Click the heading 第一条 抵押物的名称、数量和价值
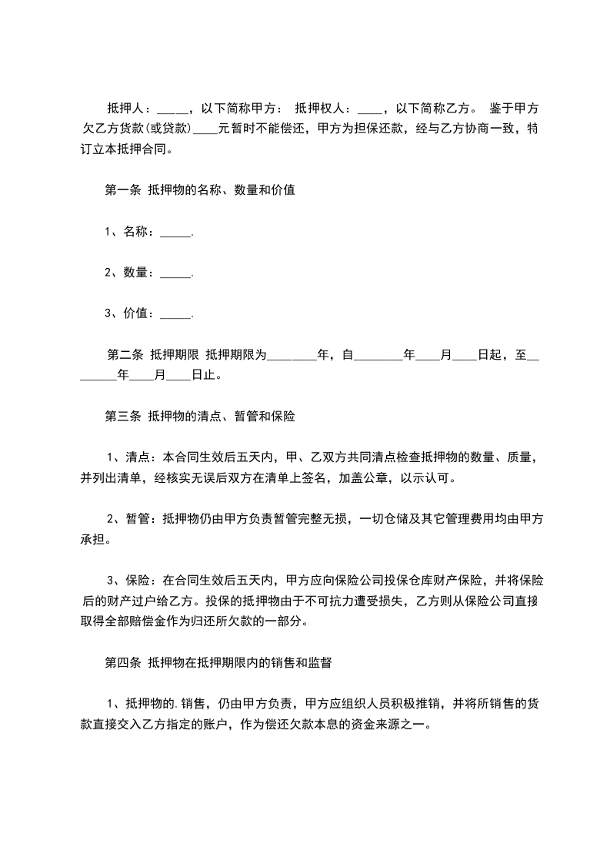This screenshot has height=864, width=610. pos(199,192)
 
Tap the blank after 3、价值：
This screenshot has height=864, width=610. pos(176,314)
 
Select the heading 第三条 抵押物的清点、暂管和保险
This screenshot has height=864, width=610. pos(199,417)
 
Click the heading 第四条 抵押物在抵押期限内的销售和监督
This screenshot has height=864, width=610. pos(218,661)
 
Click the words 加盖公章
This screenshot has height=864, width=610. pos(362,477)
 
